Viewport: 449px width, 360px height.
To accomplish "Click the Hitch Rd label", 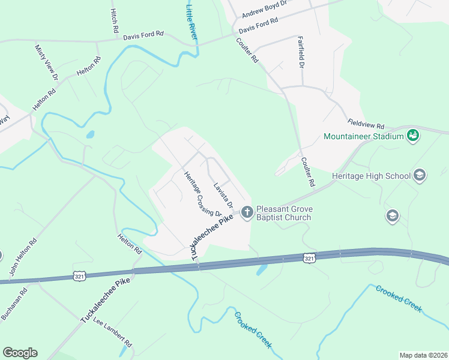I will coord(114,21).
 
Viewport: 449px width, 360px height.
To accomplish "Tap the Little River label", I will coord(192,23).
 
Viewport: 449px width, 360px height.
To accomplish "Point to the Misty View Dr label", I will coord(46,62).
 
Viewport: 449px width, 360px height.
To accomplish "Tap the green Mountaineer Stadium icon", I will coord(412,136).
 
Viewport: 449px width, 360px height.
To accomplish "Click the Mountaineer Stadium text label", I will coord(363,136).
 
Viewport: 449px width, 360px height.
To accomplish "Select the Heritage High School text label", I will coord(371,176).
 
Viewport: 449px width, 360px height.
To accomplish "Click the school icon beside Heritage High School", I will coord(420,176).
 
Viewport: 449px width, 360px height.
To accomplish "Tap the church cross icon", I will coord(247,211).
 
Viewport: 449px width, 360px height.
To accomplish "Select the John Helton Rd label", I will coord(23,257).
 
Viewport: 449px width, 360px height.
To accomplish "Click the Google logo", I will coord(20,352).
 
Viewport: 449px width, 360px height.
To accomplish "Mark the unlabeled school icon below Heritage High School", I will coord(393,217).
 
